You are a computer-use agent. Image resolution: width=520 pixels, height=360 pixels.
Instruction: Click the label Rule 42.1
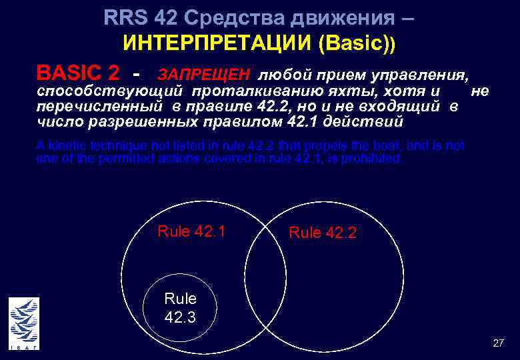pyautogui.click(x=191, y=231)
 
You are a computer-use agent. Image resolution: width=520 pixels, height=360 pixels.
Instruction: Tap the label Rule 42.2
pyautogui.click(x=323, y=233)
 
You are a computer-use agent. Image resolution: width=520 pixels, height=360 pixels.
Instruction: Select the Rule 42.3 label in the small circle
pyautogui.click(x=180, y=307)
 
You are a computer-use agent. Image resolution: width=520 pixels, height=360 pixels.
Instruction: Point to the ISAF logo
pyautogui.click(x=24, y=323)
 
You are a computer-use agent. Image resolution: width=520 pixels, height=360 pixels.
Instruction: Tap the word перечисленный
pyautogui.click(x=99, y=107)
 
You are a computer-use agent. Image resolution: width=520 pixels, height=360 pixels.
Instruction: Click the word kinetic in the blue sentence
pyautogui.click(x=67, y=145)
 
